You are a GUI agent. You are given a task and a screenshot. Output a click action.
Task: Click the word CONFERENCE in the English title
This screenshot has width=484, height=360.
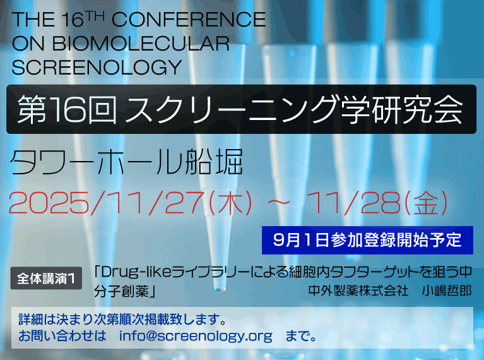point(189,20)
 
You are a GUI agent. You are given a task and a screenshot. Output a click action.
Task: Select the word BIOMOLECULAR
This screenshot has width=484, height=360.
point(141,44)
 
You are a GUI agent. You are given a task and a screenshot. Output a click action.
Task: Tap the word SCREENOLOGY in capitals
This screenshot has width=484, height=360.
point(97,68)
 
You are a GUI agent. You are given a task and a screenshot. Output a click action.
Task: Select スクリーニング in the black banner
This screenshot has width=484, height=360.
point(231,109)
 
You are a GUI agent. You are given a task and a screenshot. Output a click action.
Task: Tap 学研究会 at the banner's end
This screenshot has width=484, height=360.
point(401,109)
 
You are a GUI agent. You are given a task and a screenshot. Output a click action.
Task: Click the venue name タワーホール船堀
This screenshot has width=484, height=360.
point(126,162)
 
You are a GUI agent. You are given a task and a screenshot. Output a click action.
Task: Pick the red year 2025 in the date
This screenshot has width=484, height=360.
point(49,203)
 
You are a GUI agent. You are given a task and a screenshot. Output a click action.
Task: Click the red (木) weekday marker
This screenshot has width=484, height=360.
point(230,203)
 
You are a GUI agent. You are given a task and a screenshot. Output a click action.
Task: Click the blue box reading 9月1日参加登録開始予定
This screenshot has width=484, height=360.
point(367,240)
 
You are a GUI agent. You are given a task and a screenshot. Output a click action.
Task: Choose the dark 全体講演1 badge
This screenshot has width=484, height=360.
point(46,278)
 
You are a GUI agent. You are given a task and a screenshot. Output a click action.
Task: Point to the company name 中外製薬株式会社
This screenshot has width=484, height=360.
point(358,291)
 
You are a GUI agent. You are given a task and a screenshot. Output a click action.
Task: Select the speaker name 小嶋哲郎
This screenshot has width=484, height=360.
point(447,291)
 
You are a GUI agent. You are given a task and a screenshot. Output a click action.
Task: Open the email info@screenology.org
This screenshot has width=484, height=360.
point(196,335)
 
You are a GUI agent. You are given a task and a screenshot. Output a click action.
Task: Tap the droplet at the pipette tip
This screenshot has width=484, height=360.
point(220,289)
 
